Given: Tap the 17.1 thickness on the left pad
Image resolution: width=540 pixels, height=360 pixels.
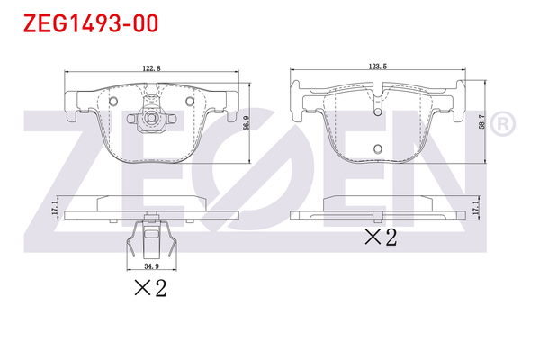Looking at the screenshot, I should pos(56,209).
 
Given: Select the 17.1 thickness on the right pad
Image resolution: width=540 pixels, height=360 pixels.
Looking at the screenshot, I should pos(477,210).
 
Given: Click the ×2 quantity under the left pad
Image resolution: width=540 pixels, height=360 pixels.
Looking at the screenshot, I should pos(150,288).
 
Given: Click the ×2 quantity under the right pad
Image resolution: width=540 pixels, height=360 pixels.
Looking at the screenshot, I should pos(379,238).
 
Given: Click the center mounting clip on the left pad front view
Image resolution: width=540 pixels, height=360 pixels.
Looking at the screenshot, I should pos(151,116).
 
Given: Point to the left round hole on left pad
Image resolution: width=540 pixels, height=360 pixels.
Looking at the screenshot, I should pos(114,101).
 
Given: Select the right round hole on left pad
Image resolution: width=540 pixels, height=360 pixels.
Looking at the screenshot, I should pos(188,101).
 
